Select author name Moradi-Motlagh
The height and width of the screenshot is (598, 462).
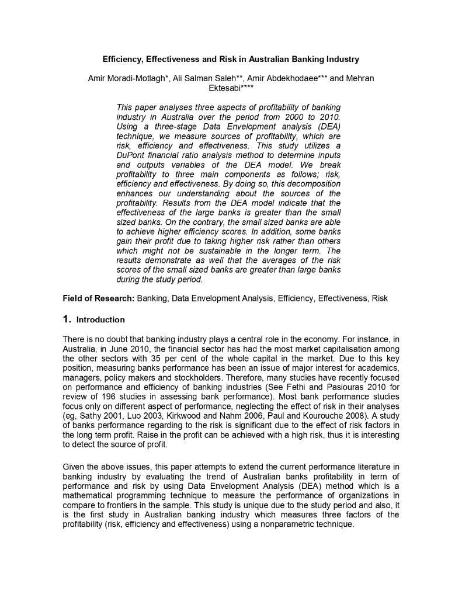(x=136, y=78)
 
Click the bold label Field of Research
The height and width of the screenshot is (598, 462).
(x=98, y=298)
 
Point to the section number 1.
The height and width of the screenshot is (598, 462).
(x=67, y=319)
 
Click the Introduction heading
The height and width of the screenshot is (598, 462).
(x=100, y=320)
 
